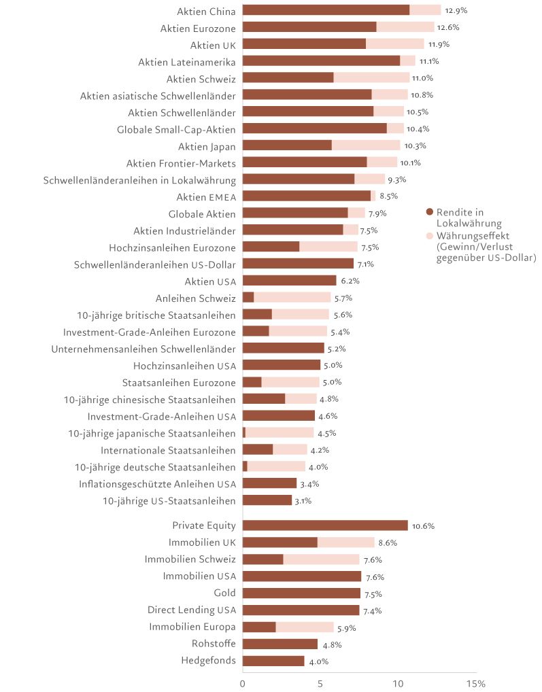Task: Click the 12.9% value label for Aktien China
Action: click(455, 11)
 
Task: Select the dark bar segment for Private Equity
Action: click(325, 525)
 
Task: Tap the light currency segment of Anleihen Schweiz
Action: click(292, 298)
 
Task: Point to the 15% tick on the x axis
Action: click(475, 683)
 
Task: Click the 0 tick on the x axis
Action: click(243, 683)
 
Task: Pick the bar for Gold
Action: click(301, 593)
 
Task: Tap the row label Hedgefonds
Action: click(208, 661)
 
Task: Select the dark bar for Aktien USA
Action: click(289, 281)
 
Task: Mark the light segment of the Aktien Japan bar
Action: click(366, 145)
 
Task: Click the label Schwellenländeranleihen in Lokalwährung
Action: click(139, 180)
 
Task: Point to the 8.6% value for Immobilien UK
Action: click(387, 543)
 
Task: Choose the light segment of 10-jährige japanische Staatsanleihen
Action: click(280, 433)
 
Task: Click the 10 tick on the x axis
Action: click(398, 683)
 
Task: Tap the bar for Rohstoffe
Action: click(280, 644)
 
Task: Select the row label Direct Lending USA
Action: click(191, 610)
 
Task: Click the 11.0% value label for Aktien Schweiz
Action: click(424, 79)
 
